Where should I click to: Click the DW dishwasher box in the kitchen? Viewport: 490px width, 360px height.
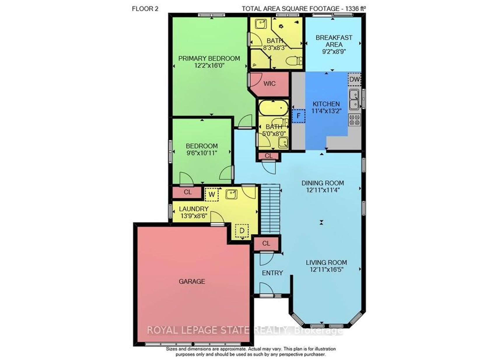coord(354,79)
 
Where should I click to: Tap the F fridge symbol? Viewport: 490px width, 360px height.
coord(299,116)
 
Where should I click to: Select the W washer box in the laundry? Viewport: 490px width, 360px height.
coord(212,194)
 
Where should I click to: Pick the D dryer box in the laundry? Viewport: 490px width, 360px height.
coord(242,231)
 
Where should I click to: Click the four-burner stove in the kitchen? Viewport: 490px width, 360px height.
coord(355,120)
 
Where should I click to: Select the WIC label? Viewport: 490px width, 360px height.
coord(269,83)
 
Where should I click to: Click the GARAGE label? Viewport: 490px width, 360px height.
coord(192,281)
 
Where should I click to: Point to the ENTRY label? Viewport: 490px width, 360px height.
coord(272,273)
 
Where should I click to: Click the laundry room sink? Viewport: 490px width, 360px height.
coord(232,194)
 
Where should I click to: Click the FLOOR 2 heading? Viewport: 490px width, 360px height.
coord(145,9)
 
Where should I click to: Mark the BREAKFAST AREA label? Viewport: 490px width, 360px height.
coord(334,41)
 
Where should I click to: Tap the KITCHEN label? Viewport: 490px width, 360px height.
coord(326,104)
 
